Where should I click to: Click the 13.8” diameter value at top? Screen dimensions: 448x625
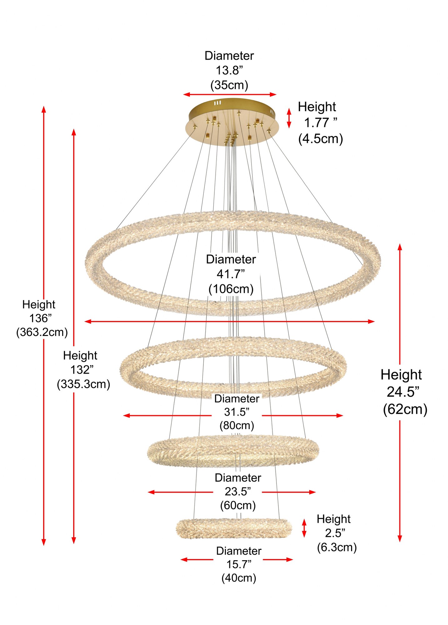(x=229, y=70)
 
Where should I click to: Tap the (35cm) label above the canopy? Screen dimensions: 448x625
(x=229, y=85)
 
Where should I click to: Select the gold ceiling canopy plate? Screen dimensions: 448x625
(x=232, y=122)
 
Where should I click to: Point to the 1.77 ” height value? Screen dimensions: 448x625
(x=321, y=122)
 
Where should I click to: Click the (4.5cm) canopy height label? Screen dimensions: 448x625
(x=321, y=138)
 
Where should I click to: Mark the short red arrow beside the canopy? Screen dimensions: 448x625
(x=289, y=118)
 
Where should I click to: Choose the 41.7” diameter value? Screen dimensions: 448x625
(x=231, y=274)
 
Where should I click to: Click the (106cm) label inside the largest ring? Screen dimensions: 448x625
(x=231, y=288)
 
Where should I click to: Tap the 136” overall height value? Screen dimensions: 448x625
(x=41, y=318)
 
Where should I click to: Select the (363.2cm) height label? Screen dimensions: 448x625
(x=42, y=332)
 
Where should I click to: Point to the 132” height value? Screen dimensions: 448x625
(x=82, y=370)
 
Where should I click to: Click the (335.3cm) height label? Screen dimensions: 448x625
(x=83, y=384)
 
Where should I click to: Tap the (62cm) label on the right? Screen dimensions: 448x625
(x=405, y=409)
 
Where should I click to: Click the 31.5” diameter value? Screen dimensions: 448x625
(x=237, y=412)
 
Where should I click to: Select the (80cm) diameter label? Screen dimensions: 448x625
(x=237, y=425)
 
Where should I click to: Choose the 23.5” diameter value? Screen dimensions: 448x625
(x=238, y=492)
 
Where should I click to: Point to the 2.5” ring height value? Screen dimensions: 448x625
(x=335, y=533)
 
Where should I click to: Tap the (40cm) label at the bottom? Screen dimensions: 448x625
(x=239, y=578)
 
